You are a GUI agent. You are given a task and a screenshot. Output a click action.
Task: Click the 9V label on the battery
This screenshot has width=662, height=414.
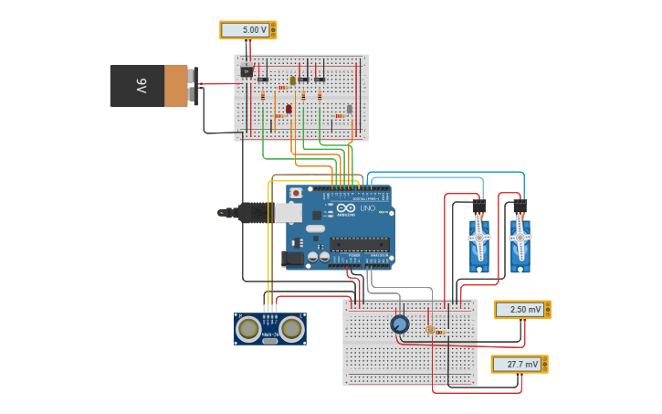tap(142, 86)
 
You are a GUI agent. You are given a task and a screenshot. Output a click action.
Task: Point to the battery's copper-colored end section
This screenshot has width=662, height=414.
tap(175, 86)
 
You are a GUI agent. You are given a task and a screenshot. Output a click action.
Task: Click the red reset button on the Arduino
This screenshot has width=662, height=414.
tap(296, 194)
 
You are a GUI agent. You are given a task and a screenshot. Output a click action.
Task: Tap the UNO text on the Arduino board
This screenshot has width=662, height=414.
tap(367, 208)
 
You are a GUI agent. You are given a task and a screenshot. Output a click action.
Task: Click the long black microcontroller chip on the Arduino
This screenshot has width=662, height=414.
tap(360, 244)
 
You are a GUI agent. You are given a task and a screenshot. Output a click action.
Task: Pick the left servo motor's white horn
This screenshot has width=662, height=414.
tap(479, 238)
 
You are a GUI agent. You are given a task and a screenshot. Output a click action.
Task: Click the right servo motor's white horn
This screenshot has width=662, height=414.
tap(520, 238)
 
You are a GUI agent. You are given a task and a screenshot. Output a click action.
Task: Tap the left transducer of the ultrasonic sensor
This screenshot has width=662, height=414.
tap(247, 328)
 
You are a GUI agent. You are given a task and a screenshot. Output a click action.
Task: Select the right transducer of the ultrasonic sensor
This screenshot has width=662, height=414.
tap(292, 328)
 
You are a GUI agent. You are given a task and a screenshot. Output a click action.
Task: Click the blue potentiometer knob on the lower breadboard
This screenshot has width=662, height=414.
tap(399, 324)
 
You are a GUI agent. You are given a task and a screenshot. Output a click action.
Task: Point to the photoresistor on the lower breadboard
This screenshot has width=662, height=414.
tap(429, 329)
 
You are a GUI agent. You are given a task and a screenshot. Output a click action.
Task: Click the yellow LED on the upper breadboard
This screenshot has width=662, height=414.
tap(293, 80)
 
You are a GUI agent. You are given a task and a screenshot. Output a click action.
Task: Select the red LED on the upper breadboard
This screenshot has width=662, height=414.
tap(289, 109)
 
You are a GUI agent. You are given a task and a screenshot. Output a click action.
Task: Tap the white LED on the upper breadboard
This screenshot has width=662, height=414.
tap(349, 109)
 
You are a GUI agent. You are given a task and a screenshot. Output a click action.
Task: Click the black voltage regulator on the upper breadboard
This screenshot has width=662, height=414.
tap(247, 70)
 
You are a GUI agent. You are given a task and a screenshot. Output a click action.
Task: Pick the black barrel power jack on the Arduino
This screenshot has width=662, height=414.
tap(293, 259)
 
